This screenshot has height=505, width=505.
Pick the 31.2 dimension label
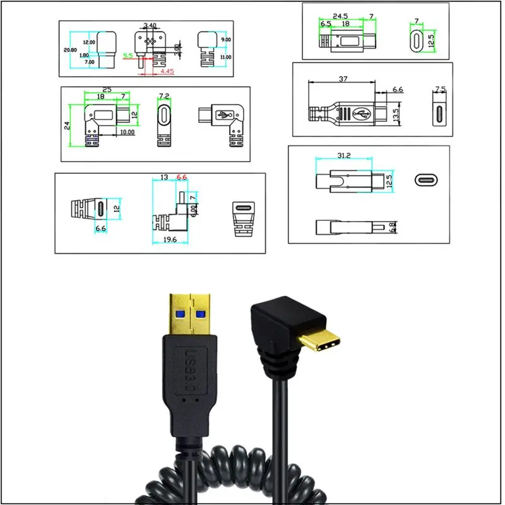tap(343, 156)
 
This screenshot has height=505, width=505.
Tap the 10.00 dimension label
tap(127, 132)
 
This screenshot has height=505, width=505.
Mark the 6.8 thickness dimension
tap(392, 227)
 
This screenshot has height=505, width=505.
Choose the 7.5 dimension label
tap(441, 88)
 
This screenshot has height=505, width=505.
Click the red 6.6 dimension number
tap(182, 177)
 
